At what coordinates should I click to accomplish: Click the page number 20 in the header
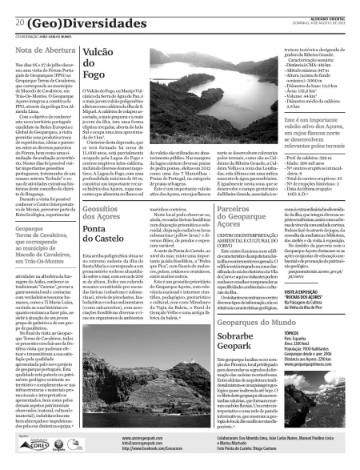(19, 23)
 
